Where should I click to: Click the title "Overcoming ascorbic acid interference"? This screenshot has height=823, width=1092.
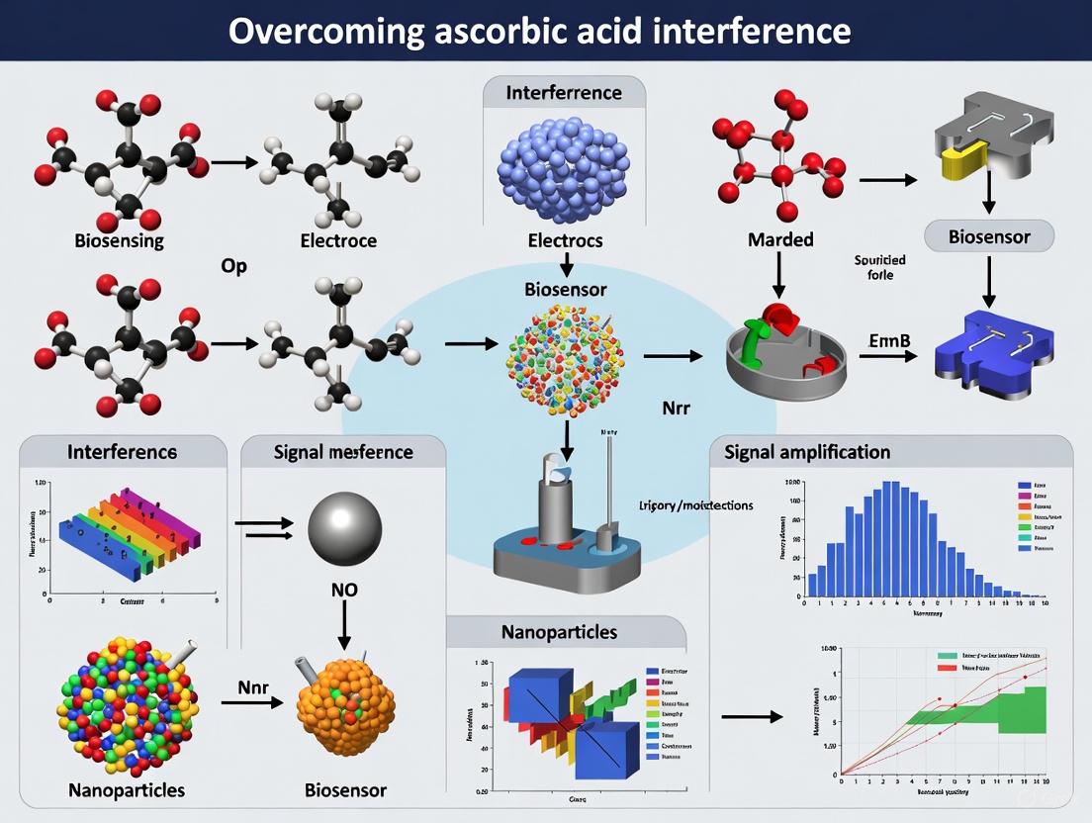point(539,31)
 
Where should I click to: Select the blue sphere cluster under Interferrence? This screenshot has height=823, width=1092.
point(565,168)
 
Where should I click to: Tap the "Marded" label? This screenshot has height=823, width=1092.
point(781,239)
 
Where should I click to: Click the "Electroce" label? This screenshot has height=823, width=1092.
point(339,240)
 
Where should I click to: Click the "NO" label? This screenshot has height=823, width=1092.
point(344,591)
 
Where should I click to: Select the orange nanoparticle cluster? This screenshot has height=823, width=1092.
point(345,704)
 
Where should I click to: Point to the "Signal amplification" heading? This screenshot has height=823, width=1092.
point(807,452)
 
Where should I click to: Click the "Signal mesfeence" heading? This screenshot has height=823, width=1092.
point(343,452)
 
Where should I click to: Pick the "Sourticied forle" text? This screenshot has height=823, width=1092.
point(879,267)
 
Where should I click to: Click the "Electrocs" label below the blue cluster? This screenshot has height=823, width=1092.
point(565,240)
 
